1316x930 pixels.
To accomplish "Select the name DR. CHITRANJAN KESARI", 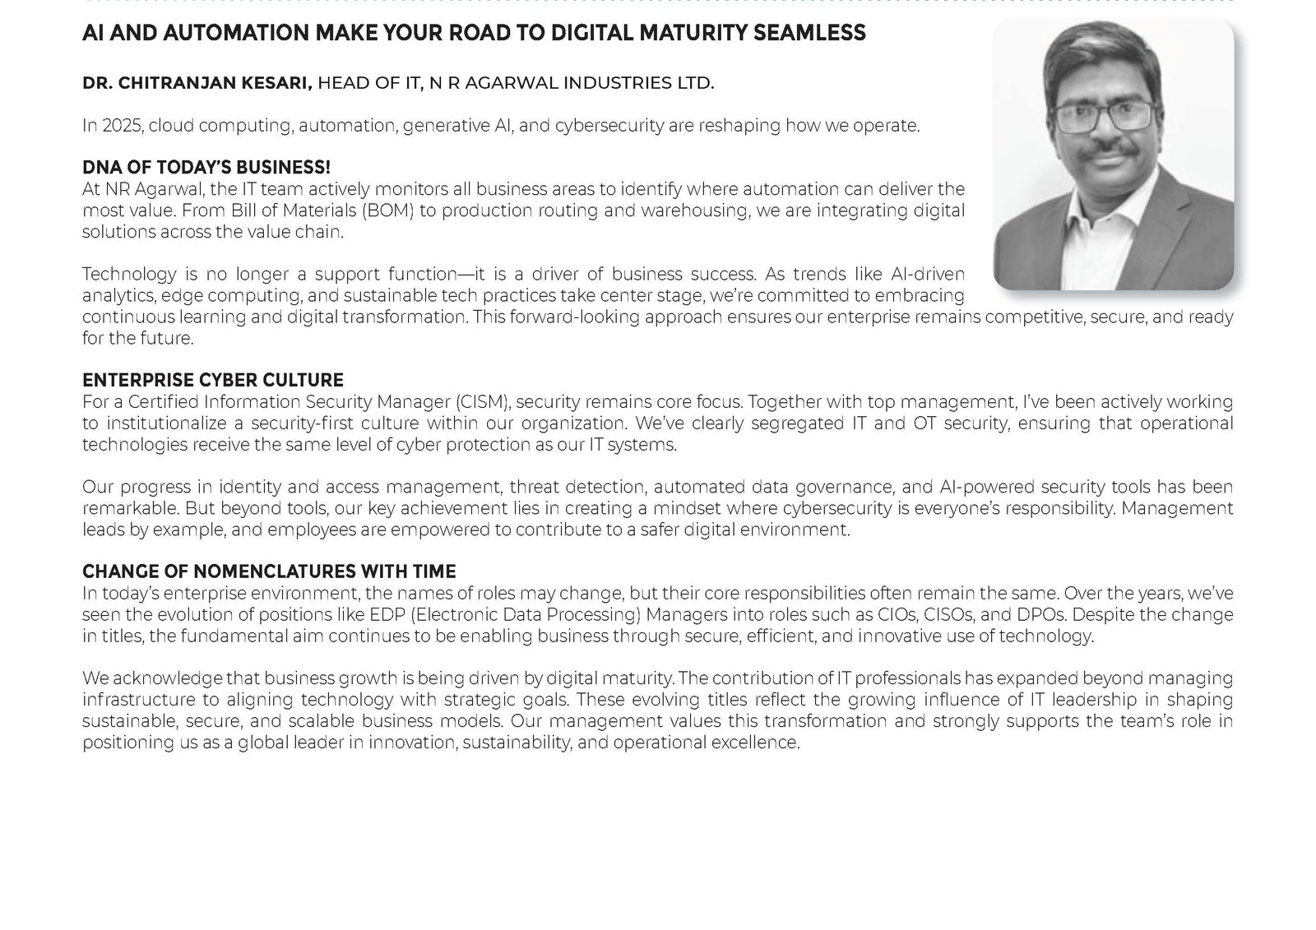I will [197, 82].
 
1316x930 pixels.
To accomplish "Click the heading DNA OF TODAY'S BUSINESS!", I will [206, 168].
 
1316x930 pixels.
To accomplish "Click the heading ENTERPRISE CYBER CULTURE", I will [213, 381].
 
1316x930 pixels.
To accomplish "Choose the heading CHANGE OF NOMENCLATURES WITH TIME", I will [269, 571].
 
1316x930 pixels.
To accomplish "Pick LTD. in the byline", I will [697, 82].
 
